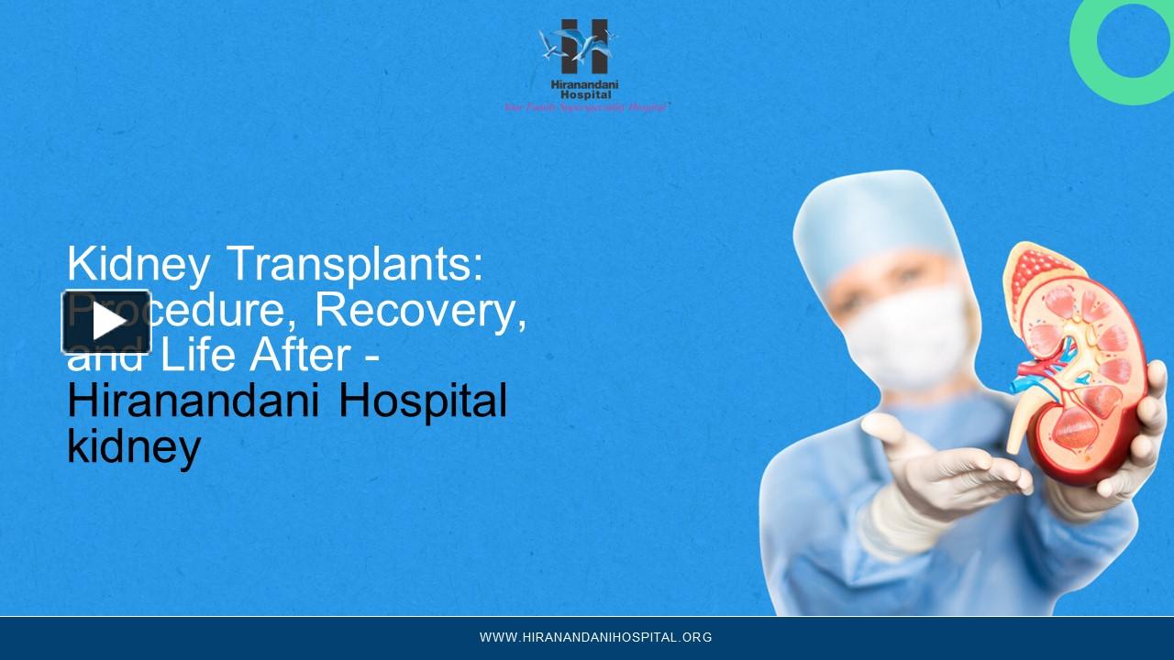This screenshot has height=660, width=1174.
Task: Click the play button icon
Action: tap(106, 322)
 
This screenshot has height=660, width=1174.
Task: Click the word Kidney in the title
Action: tap(136, 265)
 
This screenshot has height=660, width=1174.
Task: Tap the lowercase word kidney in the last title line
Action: tap(134, 446)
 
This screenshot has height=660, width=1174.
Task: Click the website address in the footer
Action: tap(595, 637)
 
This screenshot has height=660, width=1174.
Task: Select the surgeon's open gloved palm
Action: tap(954, 467)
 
